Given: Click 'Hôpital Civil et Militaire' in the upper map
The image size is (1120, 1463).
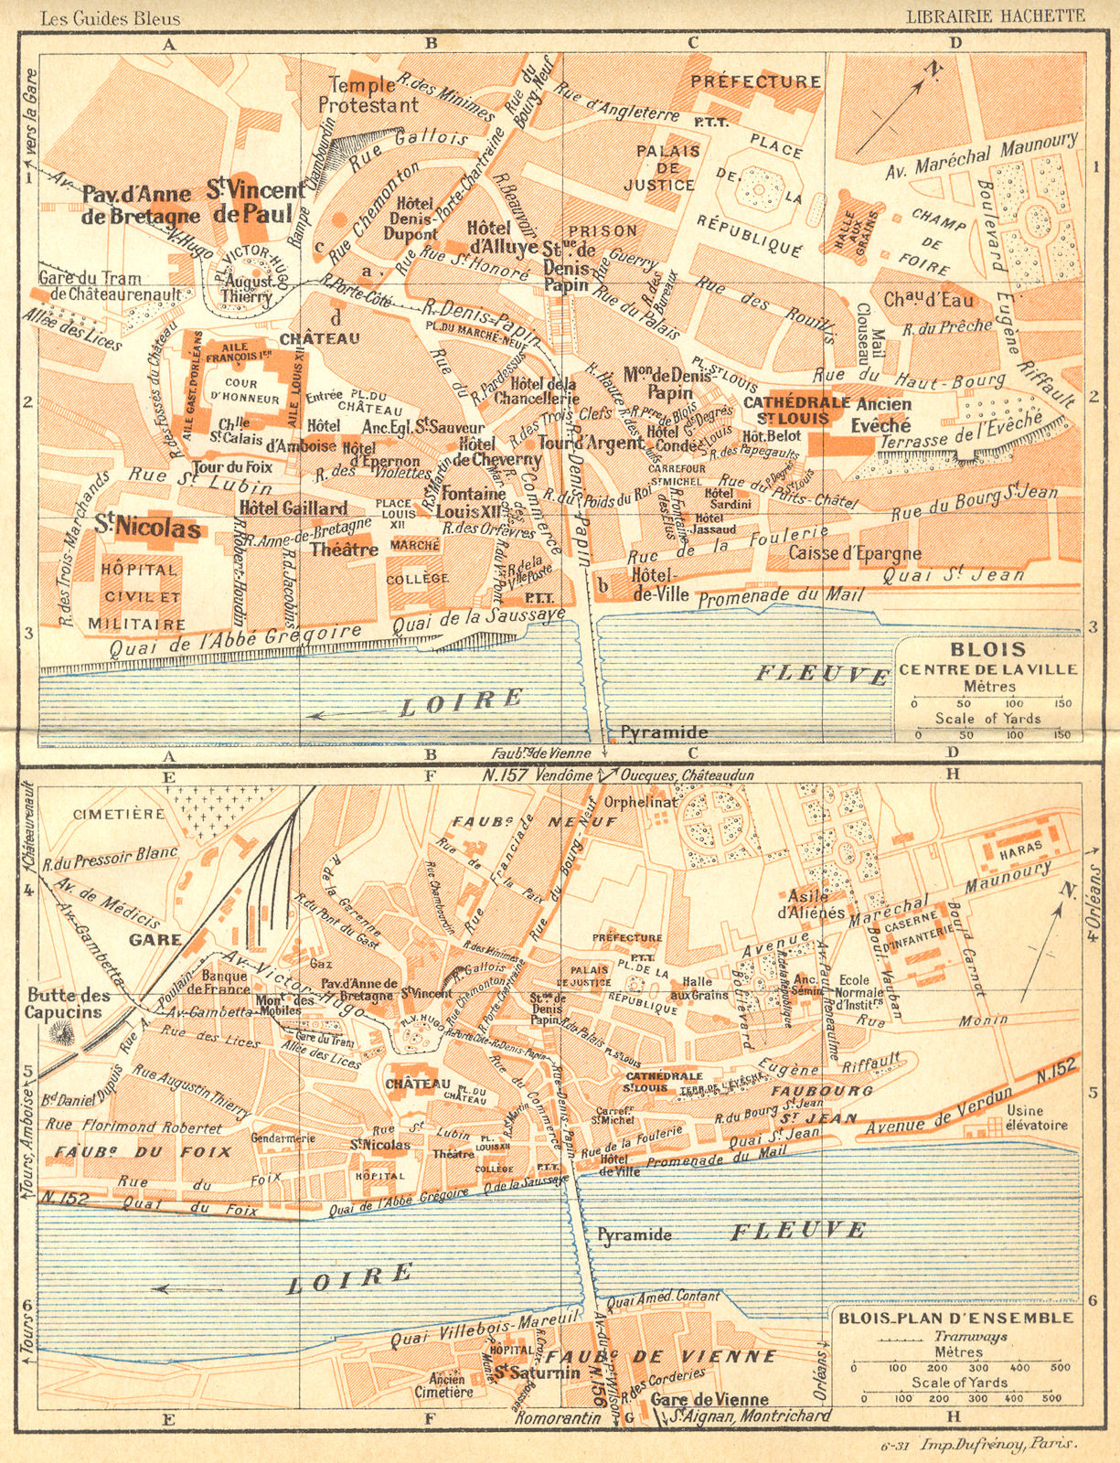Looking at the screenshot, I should [137, 594].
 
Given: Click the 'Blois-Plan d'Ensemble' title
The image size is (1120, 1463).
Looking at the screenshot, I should [955, 1318].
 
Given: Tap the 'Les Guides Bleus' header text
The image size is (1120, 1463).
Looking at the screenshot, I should [101, 17].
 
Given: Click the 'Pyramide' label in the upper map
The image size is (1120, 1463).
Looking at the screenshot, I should [665, 732].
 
